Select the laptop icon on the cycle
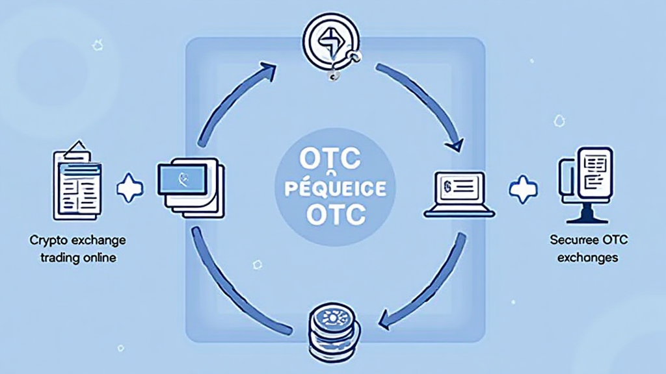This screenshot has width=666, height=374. (460, 193)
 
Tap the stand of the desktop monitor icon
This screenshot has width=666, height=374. (587, 213)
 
